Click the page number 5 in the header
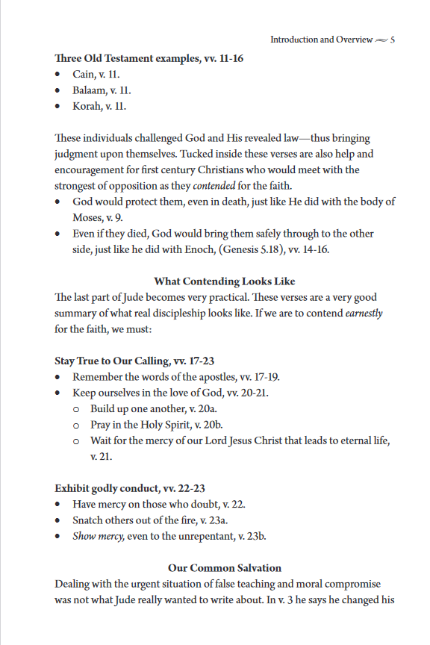click(x=392, y=39)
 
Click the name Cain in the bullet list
click(x=82, y=75)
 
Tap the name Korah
click(x=87, y=106)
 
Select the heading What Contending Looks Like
click(x=224, y=281)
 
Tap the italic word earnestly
click(x=364, y=313)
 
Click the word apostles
click(x=213, y=376)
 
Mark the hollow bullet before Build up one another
click(x=77, y=409)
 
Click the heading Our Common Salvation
click(x=224, y=567)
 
